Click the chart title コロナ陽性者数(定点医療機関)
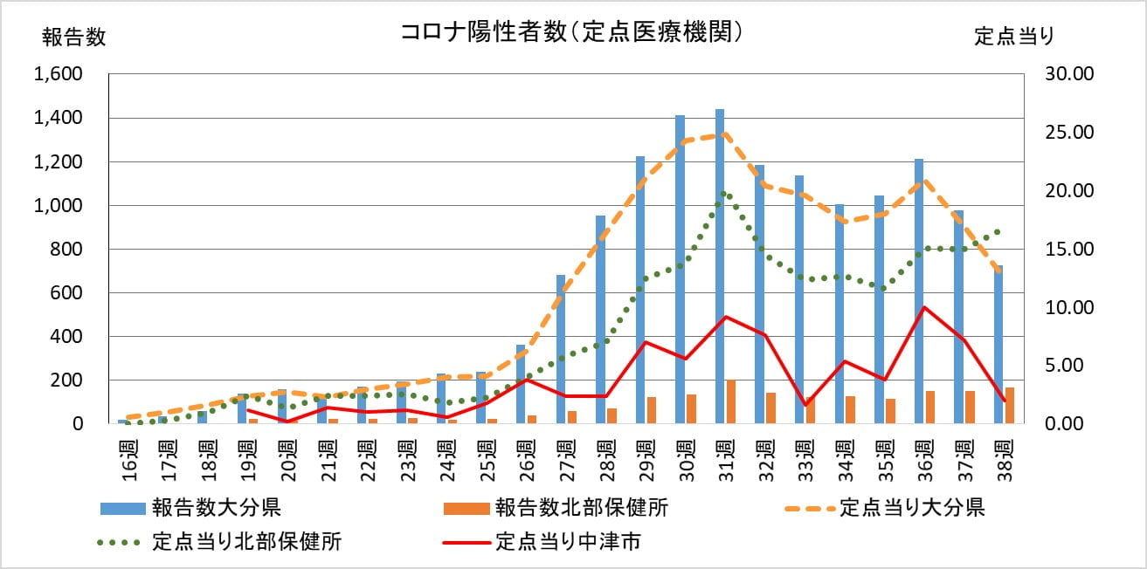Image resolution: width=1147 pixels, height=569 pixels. [x=572, y=32]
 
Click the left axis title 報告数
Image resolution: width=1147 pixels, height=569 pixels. [x=74, y=37]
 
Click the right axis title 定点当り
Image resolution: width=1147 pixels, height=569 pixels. [x=1014, y=37]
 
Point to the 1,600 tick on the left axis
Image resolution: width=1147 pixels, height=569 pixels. [x=58, y=74]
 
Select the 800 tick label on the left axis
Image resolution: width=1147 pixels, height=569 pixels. [x=66, y=250]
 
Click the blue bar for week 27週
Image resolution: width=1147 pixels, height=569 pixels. [x=561, y=349]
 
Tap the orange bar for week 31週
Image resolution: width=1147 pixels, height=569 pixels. [x=730, y=401]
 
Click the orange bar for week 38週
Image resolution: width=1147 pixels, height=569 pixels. [x=1009, y=406]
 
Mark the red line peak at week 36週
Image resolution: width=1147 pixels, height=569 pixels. [x=924, y=307]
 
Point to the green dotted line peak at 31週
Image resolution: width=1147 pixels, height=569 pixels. [x=724, y=193]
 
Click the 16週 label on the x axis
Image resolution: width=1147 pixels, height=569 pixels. [x=128, y=456]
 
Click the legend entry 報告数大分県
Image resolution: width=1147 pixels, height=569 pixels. [x=216, y=508]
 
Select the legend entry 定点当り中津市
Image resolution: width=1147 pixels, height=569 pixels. [x=568, y=542]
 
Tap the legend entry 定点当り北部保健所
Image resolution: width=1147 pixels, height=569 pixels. [x=246, y=542]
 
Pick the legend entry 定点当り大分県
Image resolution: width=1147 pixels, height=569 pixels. [x=912, y=508]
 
